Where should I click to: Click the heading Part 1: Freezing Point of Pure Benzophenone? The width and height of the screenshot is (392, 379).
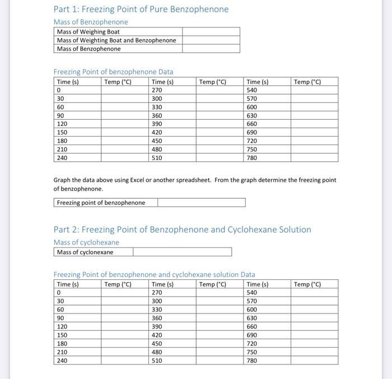(141, 10)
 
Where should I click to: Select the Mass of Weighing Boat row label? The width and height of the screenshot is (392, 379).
(88, 32)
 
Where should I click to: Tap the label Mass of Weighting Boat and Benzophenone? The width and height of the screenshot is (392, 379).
(116, 40)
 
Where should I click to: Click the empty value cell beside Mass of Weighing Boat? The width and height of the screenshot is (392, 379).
(211, 32)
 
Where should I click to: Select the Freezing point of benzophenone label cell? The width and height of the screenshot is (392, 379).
(101, 203)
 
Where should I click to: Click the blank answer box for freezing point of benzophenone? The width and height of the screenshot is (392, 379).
(201, 203)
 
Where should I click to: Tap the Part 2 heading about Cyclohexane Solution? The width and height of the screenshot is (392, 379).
(182, 230)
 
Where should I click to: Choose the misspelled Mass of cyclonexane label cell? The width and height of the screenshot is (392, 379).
(85, 252)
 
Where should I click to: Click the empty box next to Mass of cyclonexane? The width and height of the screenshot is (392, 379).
(182, 252)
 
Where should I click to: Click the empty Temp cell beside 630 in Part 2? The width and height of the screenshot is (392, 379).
(314, 318)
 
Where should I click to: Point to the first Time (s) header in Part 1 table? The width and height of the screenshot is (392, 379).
(68, 82)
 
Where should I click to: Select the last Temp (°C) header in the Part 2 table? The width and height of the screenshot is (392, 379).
(307, 284)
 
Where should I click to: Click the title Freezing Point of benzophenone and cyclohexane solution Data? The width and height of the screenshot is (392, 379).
(154, 274)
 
